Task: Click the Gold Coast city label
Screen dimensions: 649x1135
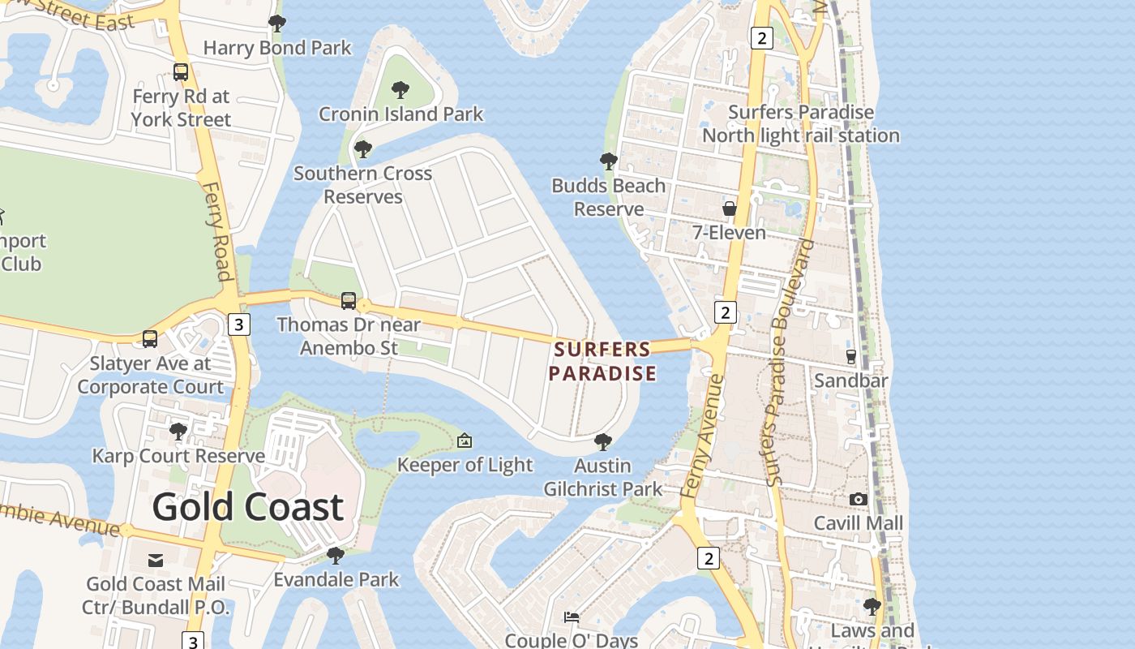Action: (248, 507)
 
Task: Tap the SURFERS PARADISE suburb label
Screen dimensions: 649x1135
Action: (602, 362)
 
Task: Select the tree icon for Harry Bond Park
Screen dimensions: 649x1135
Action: (277, 24)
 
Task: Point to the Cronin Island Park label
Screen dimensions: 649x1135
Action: (400, 114)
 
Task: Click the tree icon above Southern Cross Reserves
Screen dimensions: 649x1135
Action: (363, 149)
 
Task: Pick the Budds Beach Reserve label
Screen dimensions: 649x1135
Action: (609, 197)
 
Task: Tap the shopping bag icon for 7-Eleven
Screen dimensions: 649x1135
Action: (730, 208)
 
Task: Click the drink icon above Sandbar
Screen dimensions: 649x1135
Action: (851, 356)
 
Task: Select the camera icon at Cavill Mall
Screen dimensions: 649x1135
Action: (859, 499)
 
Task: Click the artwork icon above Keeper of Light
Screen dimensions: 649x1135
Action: (465, 441)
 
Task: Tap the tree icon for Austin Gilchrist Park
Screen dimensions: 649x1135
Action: (602, 442)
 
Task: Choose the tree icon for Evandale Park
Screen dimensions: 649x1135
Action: (336, 556)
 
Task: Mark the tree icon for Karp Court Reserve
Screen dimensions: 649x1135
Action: (178, 432)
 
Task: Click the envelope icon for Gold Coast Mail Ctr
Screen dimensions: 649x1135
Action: (156, 560)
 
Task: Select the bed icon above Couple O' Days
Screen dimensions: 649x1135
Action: (572, 617)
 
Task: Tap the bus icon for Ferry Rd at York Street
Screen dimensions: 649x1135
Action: (181, 72)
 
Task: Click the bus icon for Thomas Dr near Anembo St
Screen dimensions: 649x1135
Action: (349, 301)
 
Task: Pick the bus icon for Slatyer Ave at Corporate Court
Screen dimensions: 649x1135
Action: (150, 339)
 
